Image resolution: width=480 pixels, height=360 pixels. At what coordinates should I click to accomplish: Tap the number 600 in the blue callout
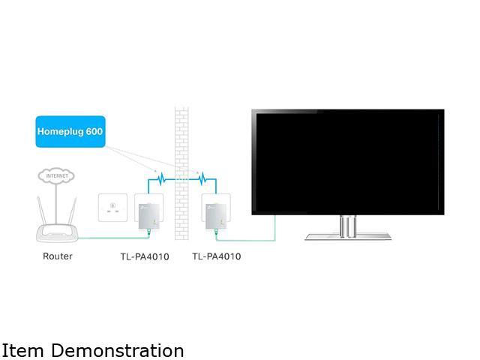click(x=93, y=131)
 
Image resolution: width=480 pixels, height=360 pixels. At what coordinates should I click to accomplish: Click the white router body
click(x=57, y=232)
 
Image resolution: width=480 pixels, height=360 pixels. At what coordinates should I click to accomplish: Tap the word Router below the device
click(x=58, y=256)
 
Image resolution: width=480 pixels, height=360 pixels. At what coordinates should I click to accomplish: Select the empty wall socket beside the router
click(x=114, y=208)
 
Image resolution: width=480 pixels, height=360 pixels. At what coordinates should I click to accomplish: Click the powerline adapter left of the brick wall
click(x=151, y=211)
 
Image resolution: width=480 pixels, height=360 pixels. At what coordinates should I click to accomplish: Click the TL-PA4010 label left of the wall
click(x=145, y=256)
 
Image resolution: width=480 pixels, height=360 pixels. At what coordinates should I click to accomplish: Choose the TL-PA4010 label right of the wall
click(x=217, y=256)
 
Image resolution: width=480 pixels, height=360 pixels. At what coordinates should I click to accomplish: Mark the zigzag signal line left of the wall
click(x=160, y=179)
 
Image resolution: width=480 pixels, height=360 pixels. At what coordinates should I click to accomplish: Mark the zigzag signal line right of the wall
click(x=202, y=179)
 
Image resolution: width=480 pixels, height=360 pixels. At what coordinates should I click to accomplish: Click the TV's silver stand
click(x=347, y=228)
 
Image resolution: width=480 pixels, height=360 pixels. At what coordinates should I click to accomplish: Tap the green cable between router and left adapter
click(x=112, y=238)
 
